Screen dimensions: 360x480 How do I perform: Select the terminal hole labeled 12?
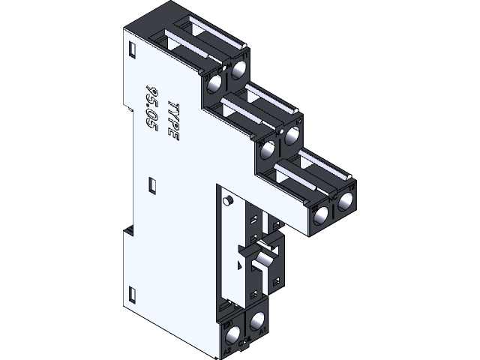coord(346,202)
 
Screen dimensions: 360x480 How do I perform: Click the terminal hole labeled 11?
coord(239,70)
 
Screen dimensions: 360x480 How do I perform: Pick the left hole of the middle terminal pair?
coord(268,147)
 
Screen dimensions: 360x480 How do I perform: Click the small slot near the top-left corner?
coord(132,49)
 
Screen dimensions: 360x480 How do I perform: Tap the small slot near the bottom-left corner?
coord(133,292)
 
